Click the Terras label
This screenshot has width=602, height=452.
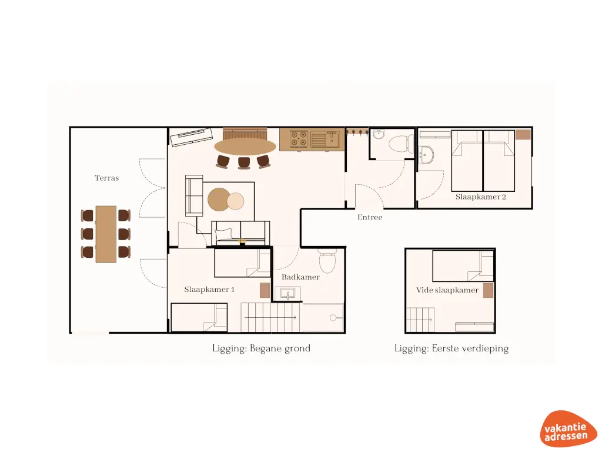click(107, 178)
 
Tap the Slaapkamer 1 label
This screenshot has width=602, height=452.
click(209, 290)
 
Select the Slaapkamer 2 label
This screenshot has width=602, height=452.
click(481, 197)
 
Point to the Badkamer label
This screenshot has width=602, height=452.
click(300, 277)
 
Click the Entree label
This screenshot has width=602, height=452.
click(370, 217)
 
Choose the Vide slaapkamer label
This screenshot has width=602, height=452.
click(447, 290)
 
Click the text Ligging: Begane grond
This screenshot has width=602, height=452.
click(261, 348)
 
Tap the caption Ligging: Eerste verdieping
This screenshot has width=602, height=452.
click(451, 348)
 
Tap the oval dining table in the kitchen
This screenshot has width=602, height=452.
click(245, 146)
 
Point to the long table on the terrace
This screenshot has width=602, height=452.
click(106, 234)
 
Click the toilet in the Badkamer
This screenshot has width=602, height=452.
click(326, 259)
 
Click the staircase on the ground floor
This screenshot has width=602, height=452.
click(270, 318)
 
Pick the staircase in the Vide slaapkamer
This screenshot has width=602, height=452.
click(420, 320)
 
